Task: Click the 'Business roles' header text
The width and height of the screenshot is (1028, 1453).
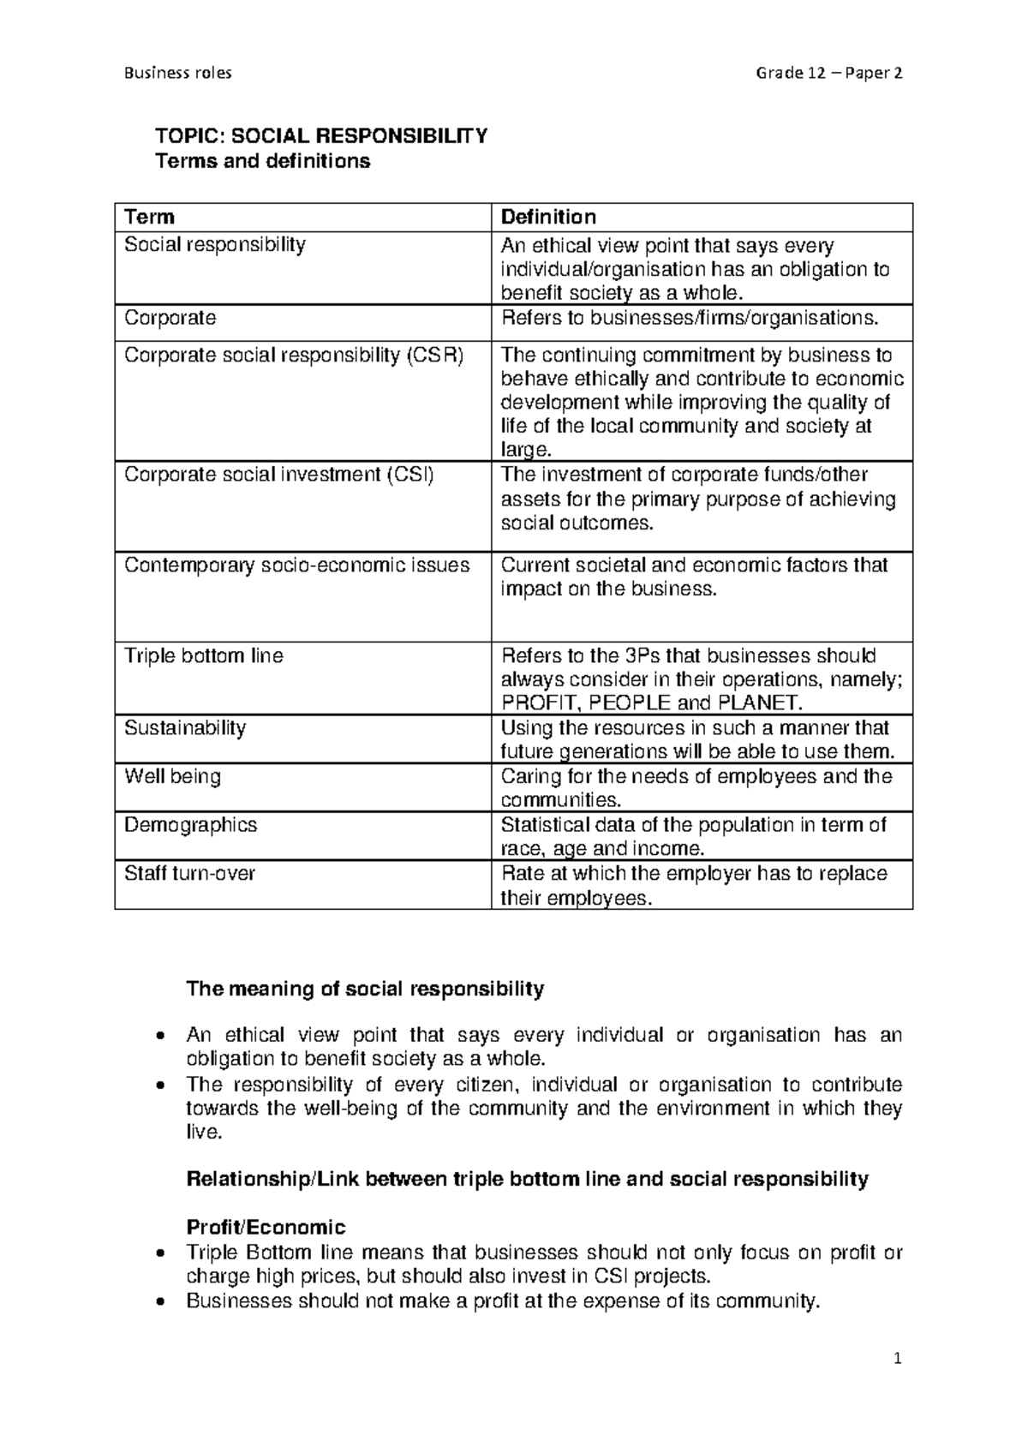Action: [177, 73]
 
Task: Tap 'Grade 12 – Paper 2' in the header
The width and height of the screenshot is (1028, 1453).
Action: [828, 73]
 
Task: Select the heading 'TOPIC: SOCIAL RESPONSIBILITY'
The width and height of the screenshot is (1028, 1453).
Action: [320, 136]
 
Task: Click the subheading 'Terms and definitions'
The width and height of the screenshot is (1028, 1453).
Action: [262, 161]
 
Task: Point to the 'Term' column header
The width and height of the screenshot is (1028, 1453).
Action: [149, 217]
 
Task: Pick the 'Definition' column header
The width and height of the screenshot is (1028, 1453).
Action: [548, 217]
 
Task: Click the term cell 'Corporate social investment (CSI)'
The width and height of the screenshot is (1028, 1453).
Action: [279, 475]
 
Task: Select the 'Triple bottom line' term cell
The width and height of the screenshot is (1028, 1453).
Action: [204, 656]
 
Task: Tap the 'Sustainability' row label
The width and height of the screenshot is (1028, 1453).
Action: [185, 728]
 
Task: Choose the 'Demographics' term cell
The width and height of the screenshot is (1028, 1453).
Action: [190, 825]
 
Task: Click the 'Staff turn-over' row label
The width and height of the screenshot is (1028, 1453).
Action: [189, 874]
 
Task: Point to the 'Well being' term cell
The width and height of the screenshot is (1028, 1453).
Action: [172, 777]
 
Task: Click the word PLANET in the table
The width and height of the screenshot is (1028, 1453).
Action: [759, 704]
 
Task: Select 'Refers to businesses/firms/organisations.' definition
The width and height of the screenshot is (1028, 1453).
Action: [690, 318]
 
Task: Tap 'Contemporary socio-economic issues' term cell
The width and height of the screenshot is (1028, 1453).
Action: [297, 565]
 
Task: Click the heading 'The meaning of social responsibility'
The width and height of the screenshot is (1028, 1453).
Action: [365, 990]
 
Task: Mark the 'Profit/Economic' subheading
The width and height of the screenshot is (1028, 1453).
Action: [266, 1228]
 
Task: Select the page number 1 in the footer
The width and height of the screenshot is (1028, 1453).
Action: [897, 1359]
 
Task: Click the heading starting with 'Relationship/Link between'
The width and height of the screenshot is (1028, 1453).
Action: [527, 1180]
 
